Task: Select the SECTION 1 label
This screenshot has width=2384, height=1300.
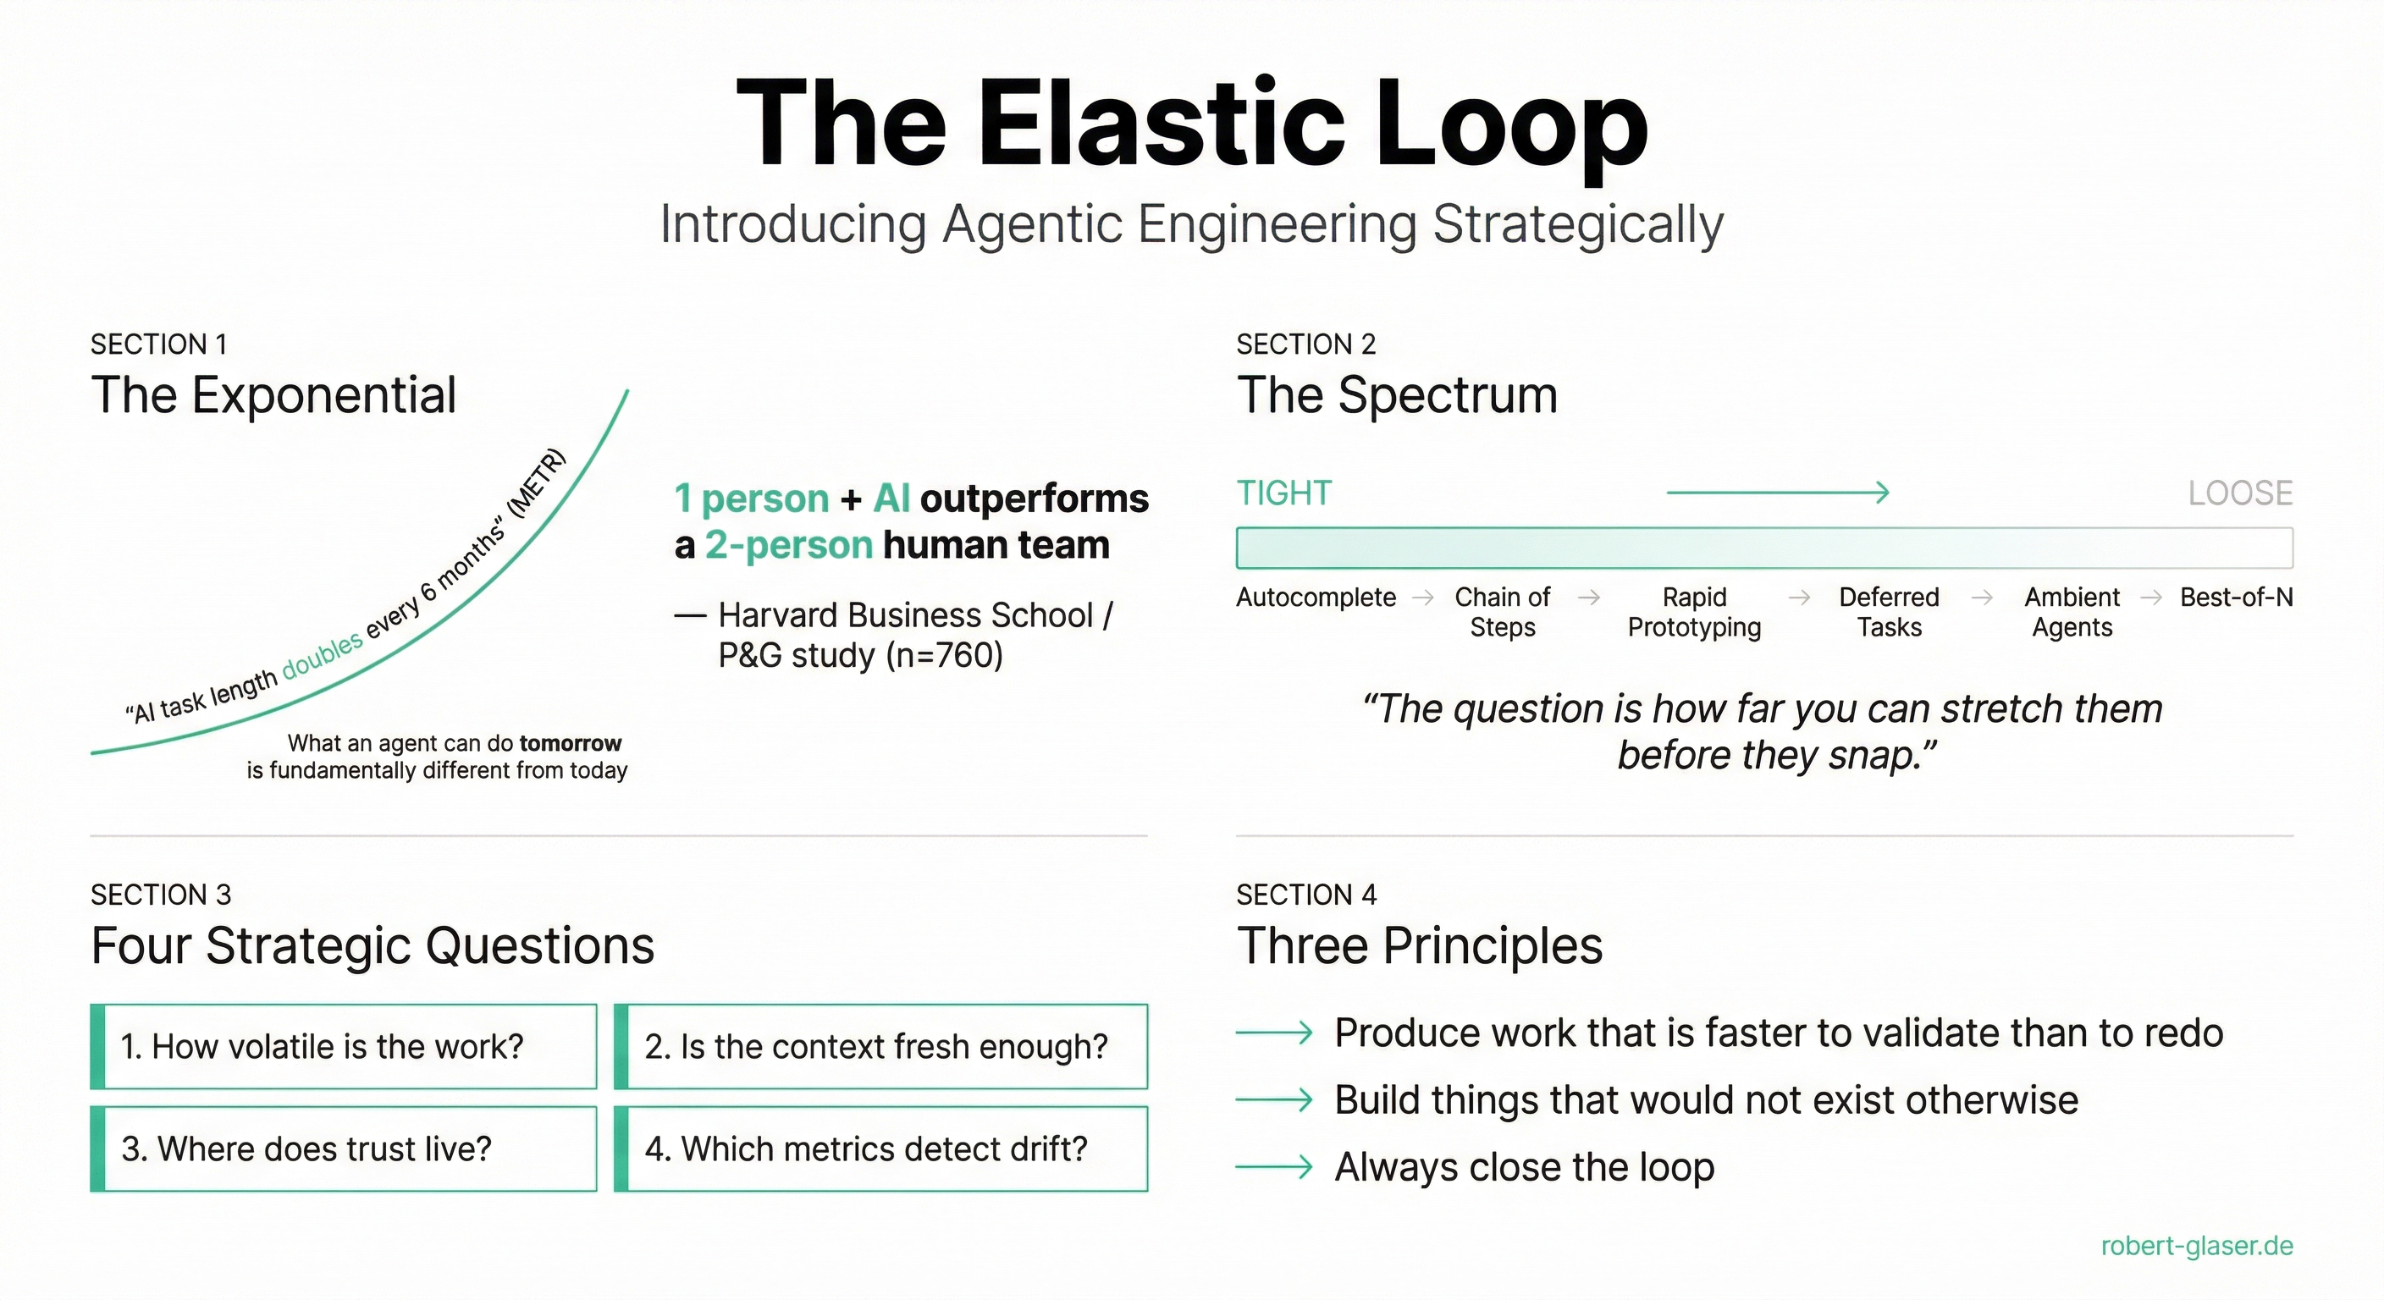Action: (x=158, y=344)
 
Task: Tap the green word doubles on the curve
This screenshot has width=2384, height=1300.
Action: (x=322, y=655)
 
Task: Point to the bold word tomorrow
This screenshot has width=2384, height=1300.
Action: (x=570, y=743)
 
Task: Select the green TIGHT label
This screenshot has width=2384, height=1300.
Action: (x=1283, y=493)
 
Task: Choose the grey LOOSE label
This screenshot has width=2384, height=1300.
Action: (x=2239, y=493)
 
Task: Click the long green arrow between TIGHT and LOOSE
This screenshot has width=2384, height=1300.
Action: (x=1777, y=493)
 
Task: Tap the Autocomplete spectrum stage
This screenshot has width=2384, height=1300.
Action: (x=1316, y=598)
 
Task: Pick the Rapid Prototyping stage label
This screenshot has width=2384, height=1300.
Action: (x=1693, y=612)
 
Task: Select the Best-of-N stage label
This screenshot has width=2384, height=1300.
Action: (x=2236, y=598)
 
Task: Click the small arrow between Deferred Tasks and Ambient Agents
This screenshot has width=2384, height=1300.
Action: (x=1981, y=598)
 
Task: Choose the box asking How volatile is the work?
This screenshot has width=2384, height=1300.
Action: (x=344, y=1046)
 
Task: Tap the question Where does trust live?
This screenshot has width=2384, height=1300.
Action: (x=306, y=1149)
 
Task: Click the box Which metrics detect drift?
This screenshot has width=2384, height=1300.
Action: (x=880, y=1149)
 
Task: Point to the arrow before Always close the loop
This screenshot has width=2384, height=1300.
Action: (x=1273, y=1167)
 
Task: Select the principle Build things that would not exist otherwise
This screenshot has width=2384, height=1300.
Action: (x=1706, y=1100)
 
